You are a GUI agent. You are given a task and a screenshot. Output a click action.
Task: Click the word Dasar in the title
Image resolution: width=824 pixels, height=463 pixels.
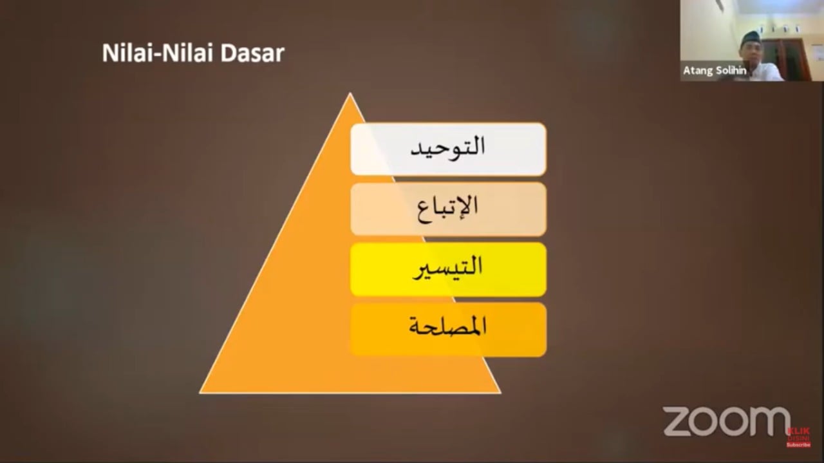click(x=252, y=53)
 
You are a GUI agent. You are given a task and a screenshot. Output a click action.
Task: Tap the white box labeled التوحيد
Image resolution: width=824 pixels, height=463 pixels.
click(x=449, y=149)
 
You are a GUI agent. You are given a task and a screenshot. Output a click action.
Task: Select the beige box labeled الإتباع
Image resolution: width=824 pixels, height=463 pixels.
click(x=449, y=209)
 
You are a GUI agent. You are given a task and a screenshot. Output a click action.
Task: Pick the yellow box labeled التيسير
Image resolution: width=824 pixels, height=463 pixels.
click(x=449, y=269)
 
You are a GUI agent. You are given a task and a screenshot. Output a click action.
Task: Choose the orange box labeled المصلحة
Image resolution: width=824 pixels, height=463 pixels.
click(x=449, y=330)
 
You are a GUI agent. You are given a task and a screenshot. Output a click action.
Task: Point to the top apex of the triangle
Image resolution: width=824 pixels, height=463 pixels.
click(x=350, y=93)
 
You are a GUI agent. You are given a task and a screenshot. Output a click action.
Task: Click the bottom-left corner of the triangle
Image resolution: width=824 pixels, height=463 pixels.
click(x=200, y=393)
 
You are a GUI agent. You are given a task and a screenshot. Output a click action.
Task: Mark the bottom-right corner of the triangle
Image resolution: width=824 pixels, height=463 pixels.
click(x=500, y=393)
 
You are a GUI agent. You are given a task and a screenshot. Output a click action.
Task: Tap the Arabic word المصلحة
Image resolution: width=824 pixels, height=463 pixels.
click(x=447, y=326)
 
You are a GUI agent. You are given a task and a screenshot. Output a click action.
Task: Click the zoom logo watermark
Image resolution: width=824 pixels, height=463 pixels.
click(x=727, y=421)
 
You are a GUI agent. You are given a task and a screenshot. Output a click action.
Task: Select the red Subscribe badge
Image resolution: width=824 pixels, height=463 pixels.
click(x=798, y=445)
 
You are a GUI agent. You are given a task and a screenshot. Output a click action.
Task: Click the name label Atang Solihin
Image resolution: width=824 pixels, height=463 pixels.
click(x=715, y=70)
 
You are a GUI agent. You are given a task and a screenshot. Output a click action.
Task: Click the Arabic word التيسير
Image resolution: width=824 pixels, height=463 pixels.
click(x=447, y=268)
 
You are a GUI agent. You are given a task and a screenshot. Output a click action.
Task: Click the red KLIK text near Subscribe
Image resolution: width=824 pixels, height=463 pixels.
click(x=799, y=431)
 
